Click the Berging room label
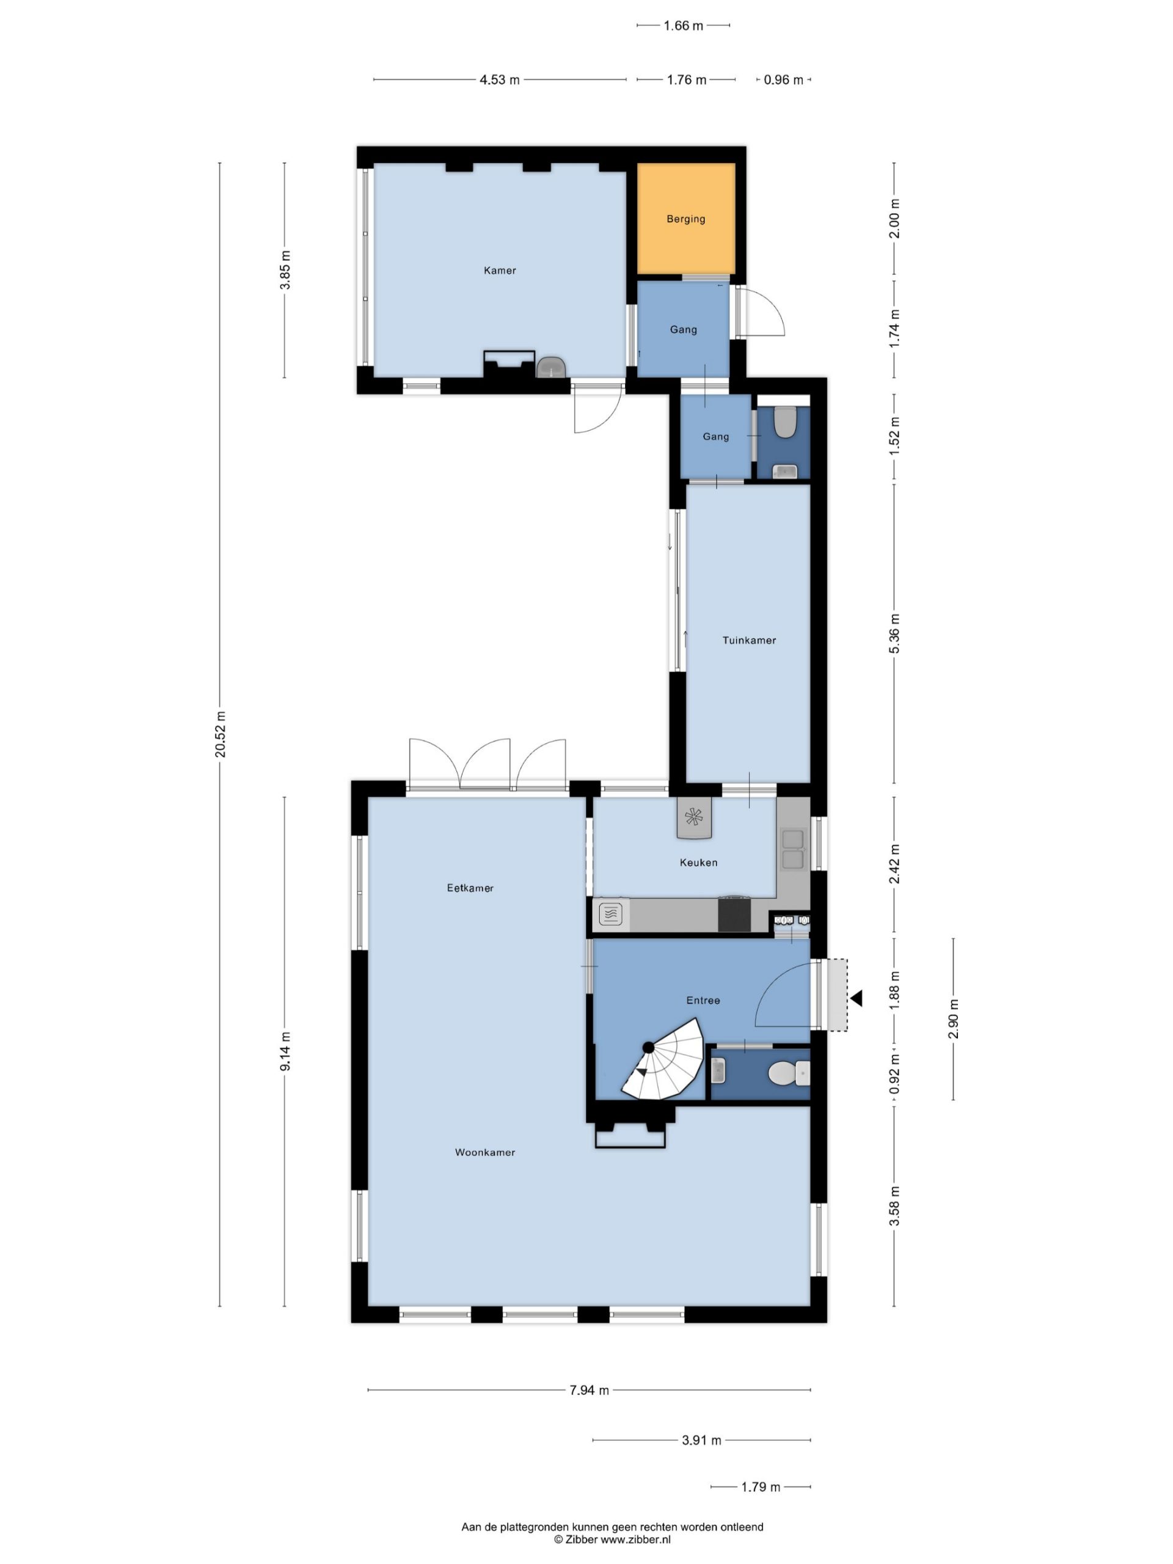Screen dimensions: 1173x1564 coord(685,219)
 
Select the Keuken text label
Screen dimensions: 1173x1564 coord(698,863)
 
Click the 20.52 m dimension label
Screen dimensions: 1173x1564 coord(221,734)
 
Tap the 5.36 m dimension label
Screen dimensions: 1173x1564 coord(894,634)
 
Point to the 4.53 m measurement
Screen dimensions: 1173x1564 coord(499,80)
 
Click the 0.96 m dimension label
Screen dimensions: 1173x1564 coord(783,80)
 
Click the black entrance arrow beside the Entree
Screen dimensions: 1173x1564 coord(857,998)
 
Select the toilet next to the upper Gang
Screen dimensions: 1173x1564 coord(784,422)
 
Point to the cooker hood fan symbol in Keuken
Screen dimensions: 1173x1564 coord(693,818)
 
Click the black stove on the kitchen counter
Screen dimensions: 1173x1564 coord(734,915)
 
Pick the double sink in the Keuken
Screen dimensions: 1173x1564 coord(792,849)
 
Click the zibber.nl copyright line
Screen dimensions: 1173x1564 coord(612,1539)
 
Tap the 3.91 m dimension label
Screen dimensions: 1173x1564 coord(701,1440)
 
